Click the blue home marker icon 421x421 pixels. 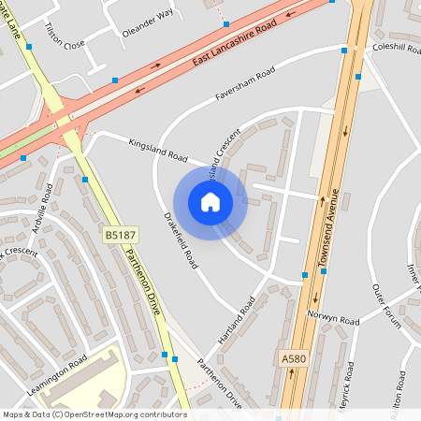coord(210,202)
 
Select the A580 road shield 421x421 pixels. coord(293,357)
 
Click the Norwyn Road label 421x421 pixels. coord(338,321)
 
